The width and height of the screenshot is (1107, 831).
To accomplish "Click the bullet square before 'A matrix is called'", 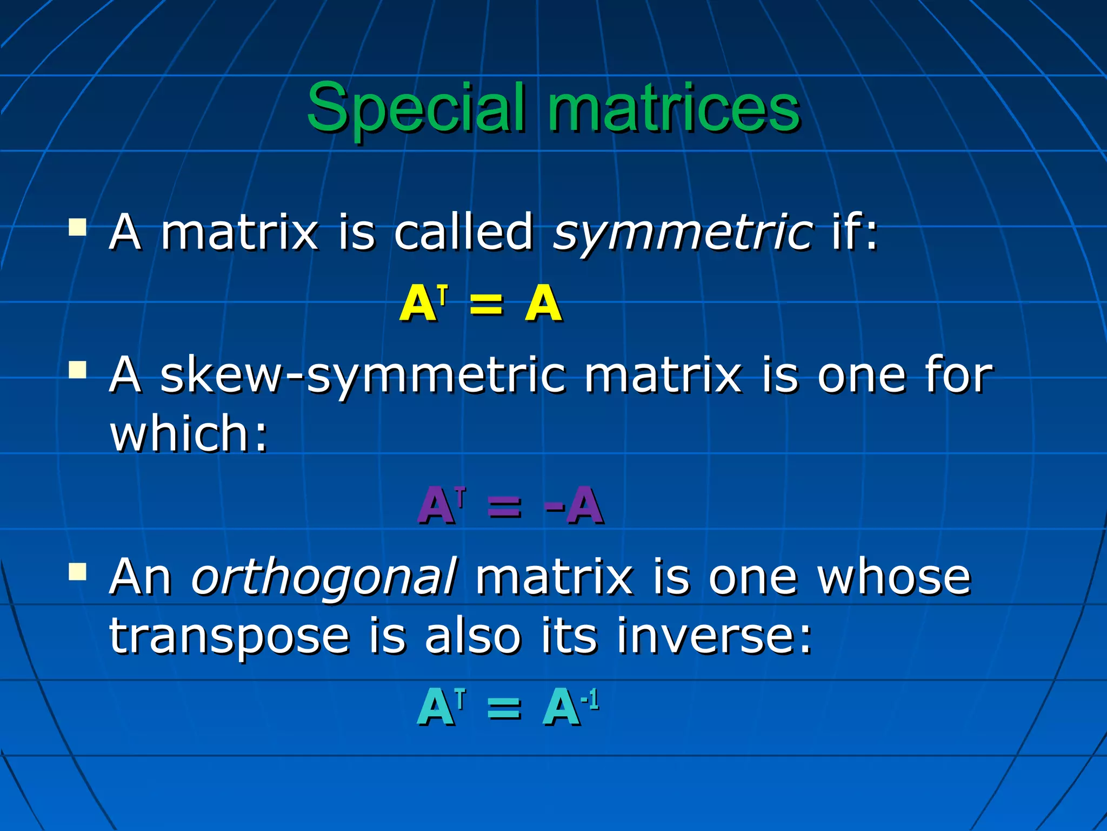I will tap(78, 227).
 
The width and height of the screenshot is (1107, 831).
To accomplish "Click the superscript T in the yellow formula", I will tap(443, 295).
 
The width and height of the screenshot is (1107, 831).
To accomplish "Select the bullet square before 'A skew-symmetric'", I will tap(78, 370).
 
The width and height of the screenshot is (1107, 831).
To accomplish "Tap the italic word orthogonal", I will tap(324, 578).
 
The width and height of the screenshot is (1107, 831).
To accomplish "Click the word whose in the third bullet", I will tap(894, 578).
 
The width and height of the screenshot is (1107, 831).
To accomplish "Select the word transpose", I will tap(229, 637).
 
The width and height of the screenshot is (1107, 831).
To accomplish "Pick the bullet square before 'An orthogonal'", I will tap(78, 571).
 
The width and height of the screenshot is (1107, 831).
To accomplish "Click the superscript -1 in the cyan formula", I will tap(590, 700).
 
